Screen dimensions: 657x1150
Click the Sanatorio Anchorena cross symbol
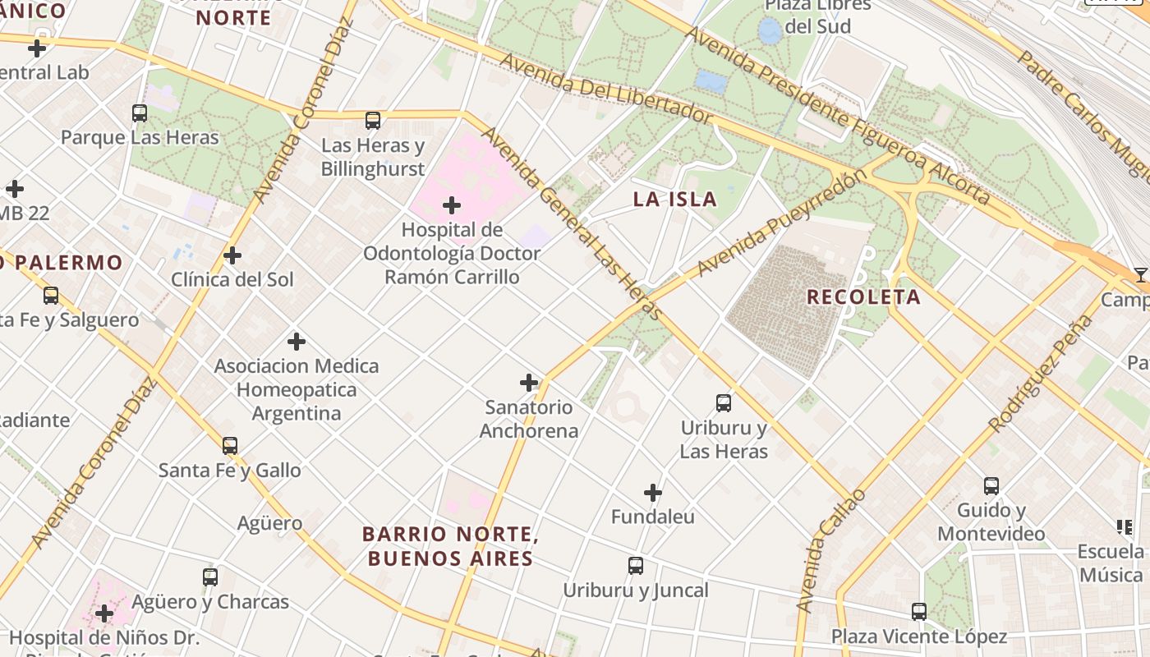tap(529, 383)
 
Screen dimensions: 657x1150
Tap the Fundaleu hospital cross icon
tap(653, 493)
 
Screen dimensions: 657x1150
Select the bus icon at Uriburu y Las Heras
tap(724, 403)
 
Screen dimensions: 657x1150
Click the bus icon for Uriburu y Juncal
tap(636, 566)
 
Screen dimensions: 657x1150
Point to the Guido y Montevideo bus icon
tap(991, 486)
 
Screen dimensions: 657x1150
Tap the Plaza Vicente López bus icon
tap(919, 612)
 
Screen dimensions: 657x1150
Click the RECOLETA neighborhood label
tap(863, 297)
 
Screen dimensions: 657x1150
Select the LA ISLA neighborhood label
tap(675, 199)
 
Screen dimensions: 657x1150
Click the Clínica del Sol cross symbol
tap(232, 255)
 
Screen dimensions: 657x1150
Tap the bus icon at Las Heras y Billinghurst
tap(373, 121)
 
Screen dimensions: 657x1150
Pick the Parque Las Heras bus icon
tap(140, 113)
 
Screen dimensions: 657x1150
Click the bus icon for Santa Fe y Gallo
tap(230, 446)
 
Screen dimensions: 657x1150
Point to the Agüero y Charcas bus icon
tap(210, 577)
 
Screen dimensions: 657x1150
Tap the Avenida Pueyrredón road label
tap(781, 223)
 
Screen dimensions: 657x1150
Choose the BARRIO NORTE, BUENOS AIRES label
tap(450, 546)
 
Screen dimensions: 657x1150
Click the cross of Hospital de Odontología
tap(452, 204)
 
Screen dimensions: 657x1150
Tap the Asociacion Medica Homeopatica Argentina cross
tap(297, 341)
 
